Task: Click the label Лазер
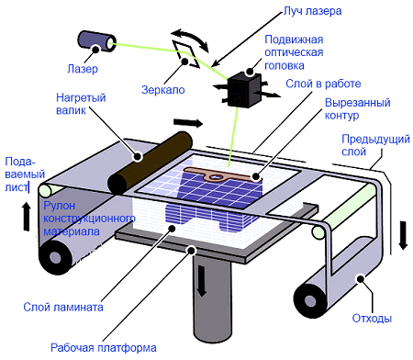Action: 83,69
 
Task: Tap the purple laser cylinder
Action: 97,41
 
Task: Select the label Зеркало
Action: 163,90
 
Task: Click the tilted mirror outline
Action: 186,54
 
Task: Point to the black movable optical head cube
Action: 244,90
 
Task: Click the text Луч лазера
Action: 313,11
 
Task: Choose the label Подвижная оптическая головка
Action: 294,52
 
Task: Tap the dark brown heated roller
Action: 150,163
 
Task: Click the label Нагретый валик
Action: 81,104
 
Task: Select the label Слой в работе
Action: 323,84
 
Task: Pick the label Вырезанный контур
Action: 357,108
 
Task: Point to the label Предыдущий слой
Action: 375,145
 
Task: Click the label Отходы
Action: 372,319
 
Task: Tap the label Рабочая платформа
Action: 104,348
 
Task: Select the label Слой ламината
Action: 63,307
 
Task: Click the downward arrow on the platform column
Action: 201,281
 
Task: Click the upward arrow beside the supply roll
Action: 27,217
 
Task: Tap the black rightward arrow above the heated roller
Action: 188,123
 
